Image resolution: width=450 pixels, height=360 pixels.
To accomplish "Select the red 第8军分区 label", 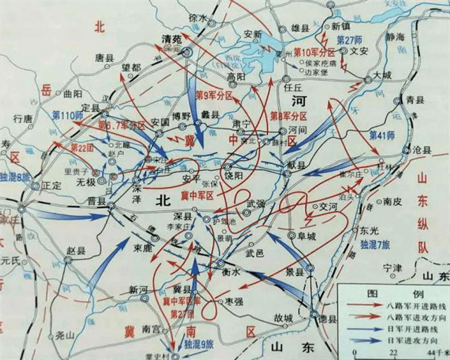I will (290, 115).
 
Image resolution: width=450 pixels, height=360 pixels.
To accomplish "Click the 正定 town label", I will (52, 186).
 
